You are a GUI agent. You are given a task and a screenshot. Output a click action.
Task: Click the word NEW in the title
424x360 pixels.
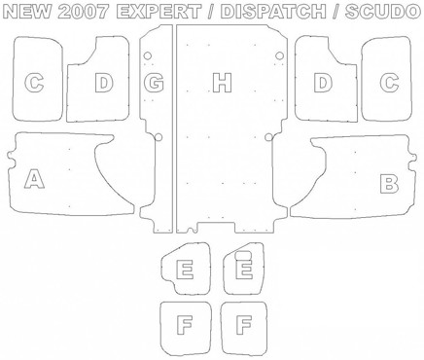(27, 12)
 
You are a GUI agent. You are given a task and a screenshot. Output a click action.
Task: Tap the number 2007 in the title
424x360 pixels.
(84, 12)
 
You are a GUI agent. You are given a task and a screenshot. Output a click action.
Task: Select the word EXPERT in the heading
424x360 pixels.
(159, 12)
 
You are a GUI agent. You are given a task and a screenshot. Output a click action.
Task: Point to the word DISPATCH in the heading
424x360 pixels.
(273, 12)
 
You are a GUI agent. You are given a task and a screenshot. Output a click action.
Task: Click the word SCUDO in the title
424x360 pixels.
(382, 12)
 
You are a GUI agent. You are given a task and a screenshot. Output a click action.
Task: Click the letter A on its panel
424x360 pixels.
(34, 178)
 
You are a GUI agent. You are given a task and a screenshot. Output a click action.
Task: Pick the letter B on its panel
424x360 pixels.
(389, 184)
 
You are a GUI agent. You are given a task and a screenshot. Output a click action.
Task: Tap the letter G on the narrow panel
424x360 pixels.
(154, 83)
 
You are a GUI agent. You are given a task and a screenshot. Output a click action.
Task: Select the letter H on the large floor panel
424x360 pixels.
(223, 83)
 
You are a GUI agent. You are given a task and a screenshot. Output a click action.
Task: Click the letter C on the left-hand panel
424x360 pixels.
(34, 83)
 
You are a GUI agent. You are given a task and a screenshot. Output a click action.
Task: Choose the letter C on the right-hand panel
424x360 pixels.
(389, 83)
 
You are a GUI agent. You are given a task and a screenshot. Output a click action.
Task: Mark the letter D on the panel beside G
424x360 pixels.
(104, 83)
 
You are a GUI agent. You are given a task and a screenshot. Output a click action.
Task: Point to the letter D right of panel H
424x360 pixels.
(323, 83)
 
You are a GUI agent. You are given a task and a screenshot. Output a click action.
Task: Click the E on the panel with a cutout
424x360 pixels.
(244, 269)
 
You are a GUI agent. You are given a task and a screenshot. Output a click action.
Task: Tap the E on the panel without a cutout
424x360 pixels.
(185, 270)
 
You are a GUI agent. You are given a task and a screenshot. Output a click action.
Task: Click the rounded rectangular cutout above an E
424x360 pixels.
(243, 255)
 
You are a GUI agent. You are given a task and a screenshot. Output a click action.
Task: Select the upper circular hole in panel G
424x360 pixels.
(148, 55)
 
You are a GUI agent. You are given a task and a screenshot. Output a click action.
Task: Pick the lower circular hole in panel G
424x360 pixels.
(159, 137)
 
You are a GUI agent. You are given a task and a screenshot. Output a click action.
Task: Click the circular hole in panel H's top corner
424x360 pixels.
(279, 55)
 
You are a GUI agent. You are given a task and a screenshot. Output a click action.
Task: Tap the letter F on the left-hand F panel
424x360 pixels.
(185, 325)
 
